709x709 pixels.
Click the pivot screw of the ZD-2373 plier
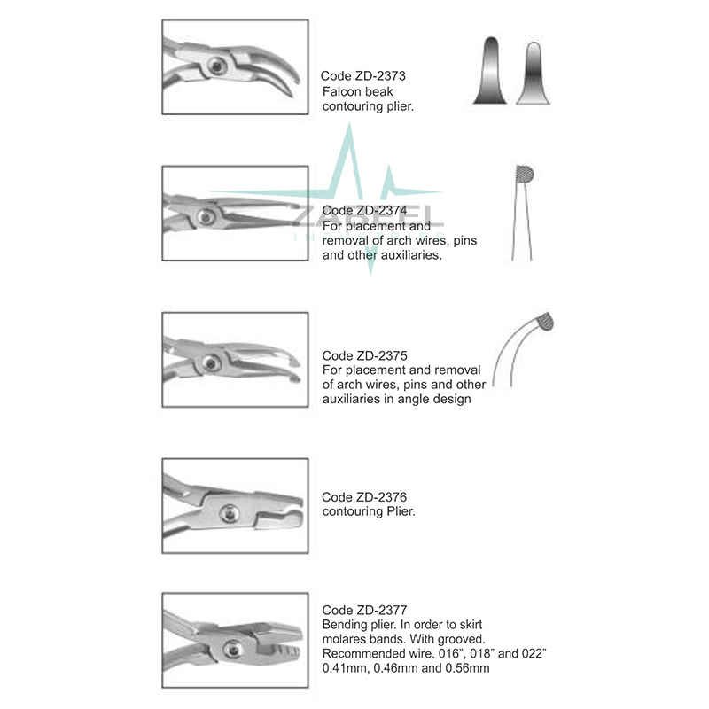click(x=215, y=64)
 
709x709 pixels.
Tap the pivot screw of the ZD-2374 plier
click(x=206, y=215)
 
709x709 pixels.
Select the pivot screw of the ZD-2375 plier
click(x=211, y=362)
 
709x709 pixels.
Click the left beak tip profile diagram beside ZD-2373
click(x=490, y=71)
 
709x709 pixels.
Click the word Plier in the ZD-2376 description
click(x=396, y=511)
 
